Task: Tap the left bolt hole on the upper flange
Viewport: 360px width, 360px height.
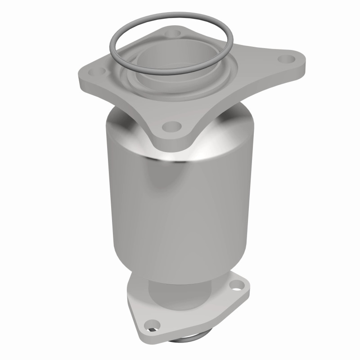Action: click(100, 71)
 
